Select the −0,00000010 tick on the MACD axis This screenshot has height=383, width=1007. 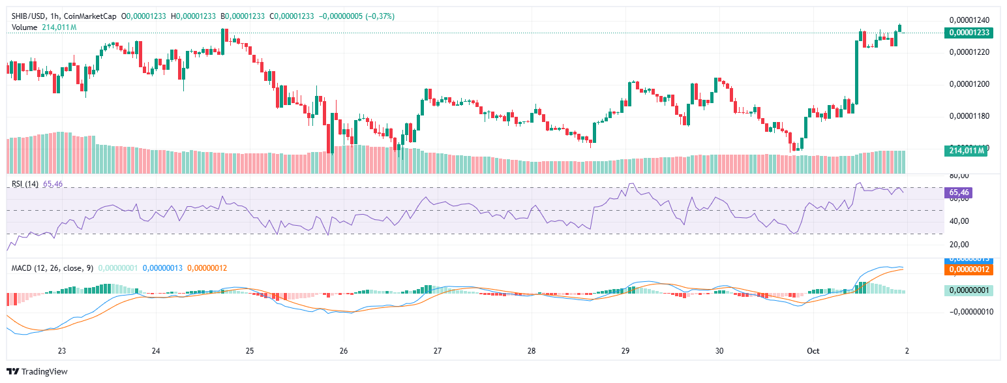click(x=968, y=312)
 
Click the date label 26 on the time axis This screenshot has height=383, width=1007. click(x=344, y=350)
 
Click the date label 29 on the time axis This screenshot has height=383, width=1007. click(x=625, y=350)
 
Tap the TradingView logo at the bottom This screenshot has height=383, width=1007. click(x=38, y=372)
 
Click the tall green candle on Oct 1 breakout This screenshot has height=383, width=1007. click(x=856, y=72)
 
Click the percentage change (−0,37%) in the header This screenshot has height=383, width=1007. click(x=375, y=16)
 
